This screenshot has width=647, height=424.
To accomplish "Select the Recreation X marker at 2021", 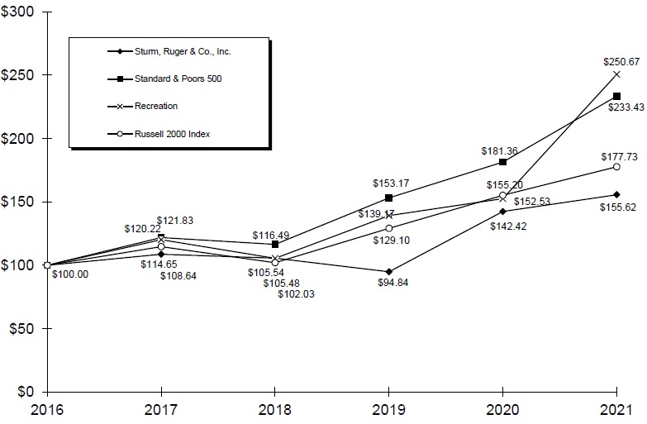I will pyautogui.click(x=616, y=74).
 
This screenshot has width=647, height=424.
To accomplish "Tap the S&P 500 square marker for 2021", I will pyautogui.click(x=616, y=97).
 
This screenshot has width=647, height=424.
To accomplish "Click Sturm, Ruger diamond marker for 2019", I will pyautogui.click(x=388, y=271).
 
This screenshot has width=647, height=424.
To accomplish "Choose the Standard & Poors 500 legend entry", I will pyautogui.click(x=180, y=79).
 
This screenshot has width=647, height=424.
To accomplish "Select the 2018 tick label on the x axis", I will pyautogui.click(x=274, y=411).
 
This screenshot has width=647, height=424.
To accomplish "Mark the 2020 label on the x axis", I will pyautogui.click(x=502, y=411).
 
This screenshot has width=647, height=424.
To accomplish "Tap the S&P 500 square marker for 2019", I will pyautogui.click(x=388, y=198).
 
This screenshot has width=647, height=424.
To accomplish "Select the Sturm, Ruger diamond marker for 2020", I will pyautogui.click(x=502, y=212).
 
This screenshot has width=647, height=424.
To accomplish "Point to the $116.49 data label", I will pyautogui.click(x=271, y=235).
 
